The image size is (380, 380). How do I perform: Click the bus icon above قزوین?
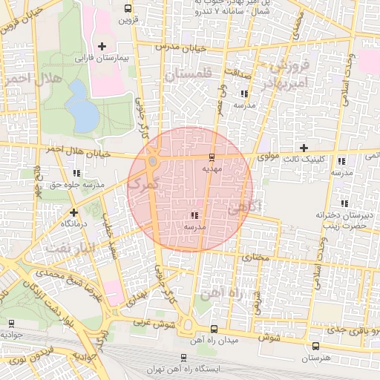click(129, 10)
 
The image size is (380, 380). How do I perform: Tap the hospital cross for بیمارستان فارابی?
click(102, 46)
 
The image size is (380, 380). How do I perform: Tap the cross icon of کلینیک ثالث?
click(304, 148)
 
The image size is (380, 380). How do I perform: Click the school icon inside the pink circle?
click(194, 215)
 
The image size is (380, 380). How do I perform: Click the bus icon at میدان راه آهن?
click(214, 329)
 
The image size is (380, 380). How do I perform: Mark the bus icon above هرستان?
click(317, 346)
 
